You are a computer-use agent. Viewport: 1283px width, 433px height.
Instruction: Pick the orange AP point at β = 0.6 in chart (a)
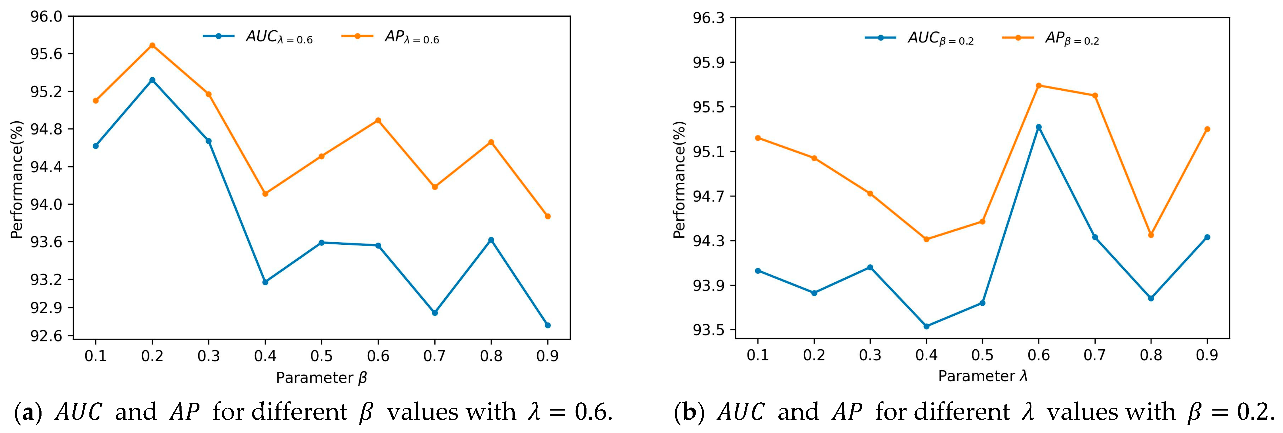pos(378,120)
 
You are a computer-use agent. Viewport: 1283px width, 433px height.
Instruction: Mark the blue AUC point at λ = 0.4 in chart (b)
pos(926,326)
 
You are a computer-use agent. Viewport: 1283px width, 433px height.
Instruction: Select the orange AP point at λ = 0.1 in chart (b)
pos(758,138)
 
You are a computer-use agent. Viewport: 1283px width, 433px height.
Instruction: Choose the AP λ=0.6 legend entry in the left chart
pos(391,37)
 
